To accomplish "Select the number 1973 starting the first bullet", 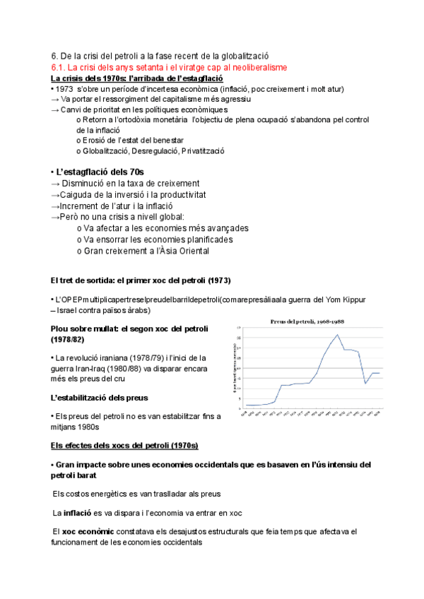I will pos(64,89).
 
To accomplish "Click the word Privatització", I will pos(204,151).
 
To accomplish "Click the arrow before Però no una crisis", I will pos(57,217).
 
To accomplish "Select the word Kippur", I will pos(351,299).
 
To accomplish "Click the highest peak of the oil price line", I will pos(338,335).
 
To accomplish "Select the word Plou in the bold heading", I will pos(61,329).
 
